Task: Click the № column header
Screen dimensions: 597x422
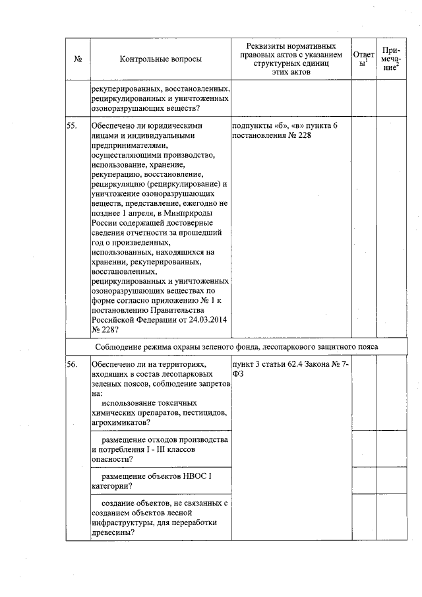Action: [x=78, y=59]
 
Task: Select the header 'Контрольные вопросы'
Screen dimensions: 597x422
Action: [x=161, y=59]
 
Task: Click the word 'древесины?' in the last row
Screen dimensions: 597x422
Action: [x=113, y=533]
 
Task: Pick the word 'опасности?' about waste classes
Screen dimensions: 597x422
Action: [x=112, y=458]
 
